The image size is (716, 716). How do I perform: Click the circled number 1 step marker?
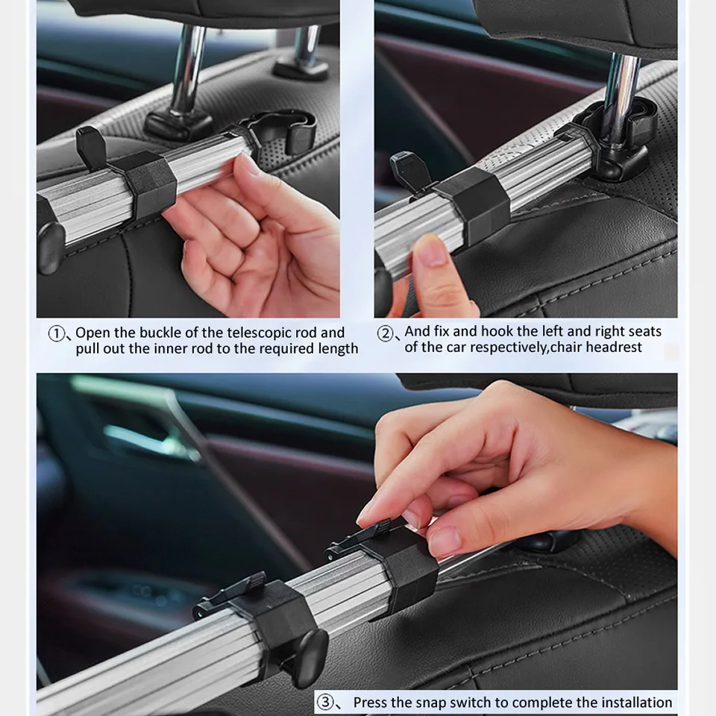coord(56,333)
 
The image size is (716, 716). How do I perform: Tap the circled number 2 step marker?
coord(385,333)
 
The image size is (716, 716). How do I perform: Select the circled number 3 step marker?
coord(324,702)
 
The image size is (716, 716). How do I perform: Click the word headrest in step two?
coord(614,348)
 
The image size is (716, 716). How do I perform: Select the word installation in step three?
coord(636,703)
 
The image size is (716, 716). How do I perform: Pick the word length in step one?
coord(339,349)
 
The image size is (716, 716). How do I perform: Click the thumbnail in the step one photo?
coord(251,165)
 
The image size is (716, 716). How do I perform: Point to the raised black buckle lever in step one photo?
coord(91,145)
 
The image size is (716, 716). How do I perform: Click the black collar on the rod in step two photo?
coord(474,202)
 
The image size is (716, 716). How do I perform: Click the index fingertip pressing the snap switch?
coord(370,518)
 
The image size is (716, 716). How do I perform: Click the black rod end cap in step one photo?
coord(49,247)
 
